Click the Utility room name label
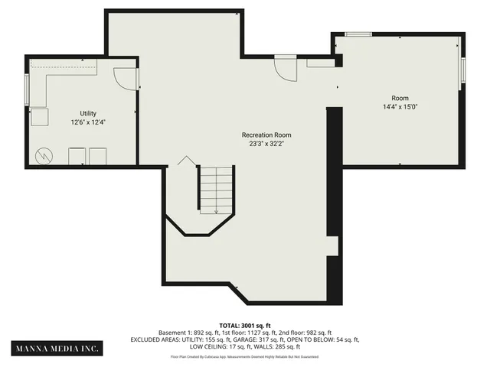tap(88, 113)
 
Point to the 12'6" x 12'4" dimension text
tap(88, 122)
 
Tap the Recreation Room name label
tap(266, 135)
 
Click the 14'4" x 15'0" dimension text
tap(400, 107)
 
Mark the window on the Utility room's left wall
tap(27, 91)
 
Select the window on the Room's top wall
tap(358, 34)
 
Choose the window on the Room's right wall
tap(462, 68)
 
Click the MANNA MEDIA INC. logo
tap(58, 349)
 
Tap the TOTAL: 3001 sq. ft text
tap(245, 325)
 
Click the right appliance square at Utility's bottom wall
tap(97, 157)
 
